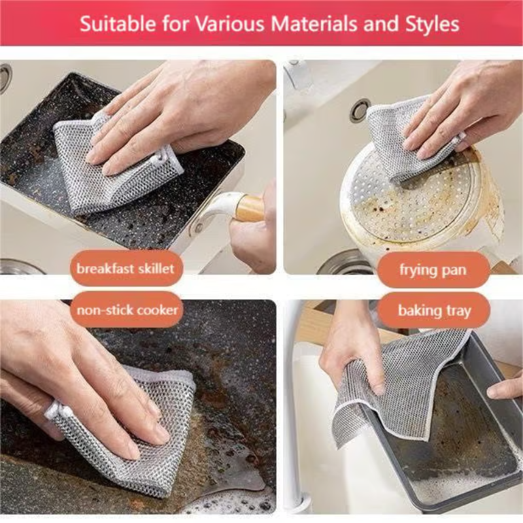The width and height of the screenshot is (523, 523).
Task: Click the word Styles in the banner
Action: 428,25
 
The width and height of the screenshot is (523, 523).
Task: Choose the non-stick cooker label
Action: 127,309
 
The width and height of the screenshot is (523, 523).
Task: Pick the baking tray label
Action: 433,311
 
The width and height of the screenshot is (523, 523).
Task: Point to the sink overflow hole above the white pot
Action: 360,110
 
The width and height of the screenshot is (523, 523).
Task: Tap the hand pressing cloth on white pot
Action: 451,111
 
